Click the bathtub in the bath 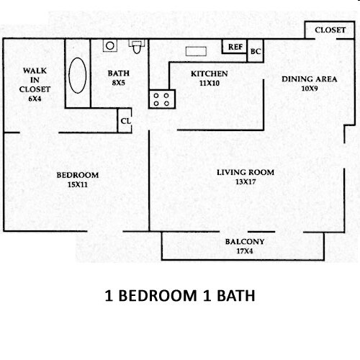coord(78,75)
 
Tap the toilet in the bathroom coord(135,48)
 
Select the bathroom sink coord(109,45)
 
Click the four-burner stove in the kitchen coord(161,99)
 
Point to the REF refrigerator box coord(235,47)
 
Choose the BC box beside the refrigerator coord(255,52)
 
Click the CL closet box coord(125,121)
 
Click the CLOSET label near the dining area coord(330,30)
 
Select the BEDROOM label coord(78,175)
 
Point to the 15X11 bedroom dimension coord(78,185)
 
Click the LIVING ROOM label coord(246,172)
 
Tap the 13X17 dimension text coord(246,182)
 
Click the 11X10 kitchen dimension coord(209,84)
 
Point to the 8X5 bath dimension coord(117,83)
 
